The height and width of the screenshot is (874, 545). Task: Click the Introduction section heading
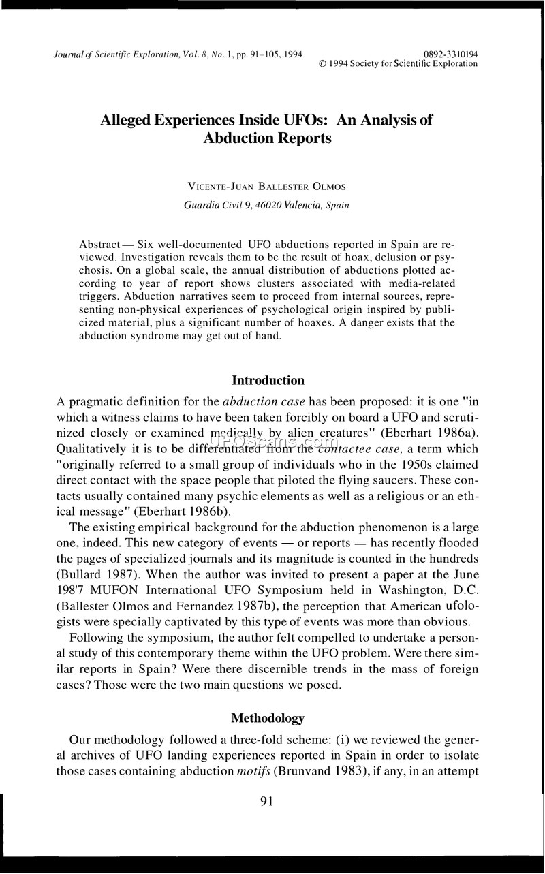(x=268, y=381)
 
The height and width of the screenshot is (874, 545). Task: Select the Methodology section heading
(x=268, y=718)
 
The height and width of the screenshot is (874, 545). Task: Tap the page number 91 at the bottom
(x=266, y=801)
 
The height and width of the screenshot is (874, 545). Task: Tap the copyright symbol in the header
(x=323, y=64)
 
